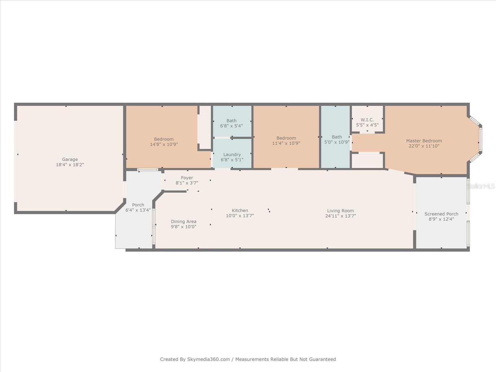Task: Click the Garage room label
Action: pyautogui.click(x=70, y=159)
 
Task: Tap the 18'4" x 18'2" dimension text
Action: pyautogui.click(x=70, y=165)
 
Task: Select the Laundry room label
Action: pyautogui.click(x=232, y=154)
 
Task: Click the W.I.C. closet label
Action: pyautogui.click(x=367, y=120)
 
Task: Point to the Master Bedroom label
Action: pyautogui.click(x=424, y=141)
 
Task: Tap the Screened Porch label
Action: pyautogui.click(x=441, y=214)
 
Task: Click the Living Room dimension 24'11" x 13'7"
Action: pyautogui.click(x=340, y=216)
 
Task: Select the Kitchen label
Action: pyautogui.click(x=240, y=210)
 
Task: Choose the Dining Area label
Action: pyautogui.click(x=184, y=221)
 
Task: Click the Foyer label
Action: pyautogui.click(x=187, y=178)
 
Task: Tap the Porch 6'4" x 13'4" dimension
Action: pyautogui.click(x=138, y=210)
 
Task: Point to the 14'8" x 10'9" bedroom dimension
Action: pyautogui.click(x=164, y=144)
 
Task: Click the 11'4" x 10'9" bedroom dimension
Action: pyautogui.click(x=286, y=143)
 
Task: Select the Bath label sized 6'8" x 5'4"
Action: pyautogui.click(x=231, y=121)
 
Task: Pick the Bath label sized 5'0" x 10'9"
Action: pyautogui.click(x=337, y=137)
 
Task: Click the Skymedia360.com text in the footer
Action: pyautogui.click(x=208, y=359)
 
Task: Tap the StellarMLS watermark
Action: pyautogui.click(x=481, y=186)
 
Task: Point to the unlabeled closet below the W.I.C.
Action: pyautogui.click(x=367, y=161)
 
